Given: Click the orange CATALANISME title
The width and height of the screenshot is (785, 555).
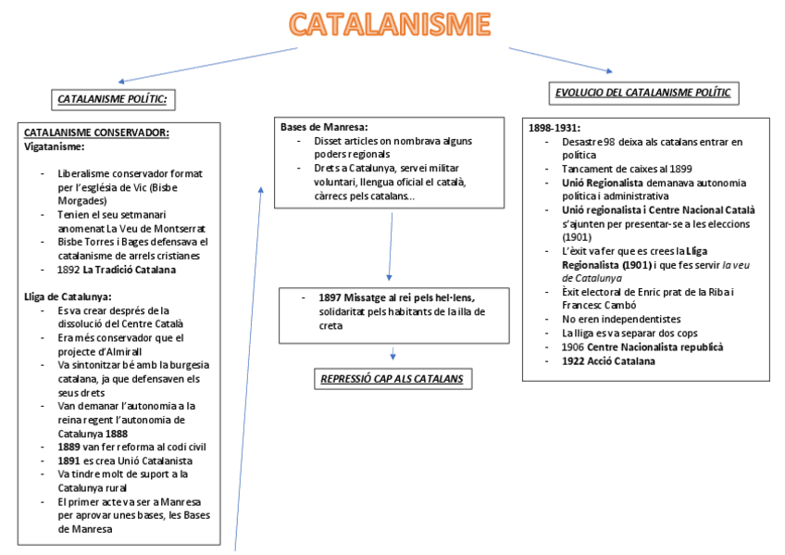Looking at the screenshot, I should (x=389, y=26).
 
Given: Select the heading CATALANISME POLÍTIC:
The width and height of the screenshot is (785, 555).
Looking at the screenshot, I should (x=116, y=98).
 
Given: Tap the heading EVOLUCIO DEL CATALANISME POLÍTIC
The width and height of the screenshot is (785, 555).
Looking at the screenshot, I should (x=642, y=92).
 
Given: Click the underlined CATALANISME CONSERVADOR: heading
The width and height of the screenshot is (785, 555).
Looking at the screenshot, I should (x=96, y=132).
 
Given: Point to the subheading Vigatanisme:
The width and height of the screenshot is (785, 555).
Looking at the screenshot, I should (x=54, y=146).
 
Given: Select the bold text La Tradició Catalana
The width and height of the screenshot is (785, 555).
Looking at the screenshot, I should (x=129, y=270).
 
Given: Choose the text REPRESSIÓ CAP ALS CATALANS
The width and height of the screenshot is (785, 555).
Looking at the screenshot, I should (x=392, y=378).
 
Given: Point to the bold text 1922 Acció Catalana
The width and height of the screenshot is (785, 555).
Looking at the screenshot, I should (x=608, y=360).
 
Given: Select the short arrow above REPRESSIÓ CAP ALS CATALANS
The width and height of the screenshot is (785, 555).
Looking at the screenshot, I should (x=393, y=353).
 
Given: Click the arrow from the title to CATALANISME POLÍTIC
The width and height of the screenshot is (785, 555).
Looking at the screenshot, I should (x=208, y=64).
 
